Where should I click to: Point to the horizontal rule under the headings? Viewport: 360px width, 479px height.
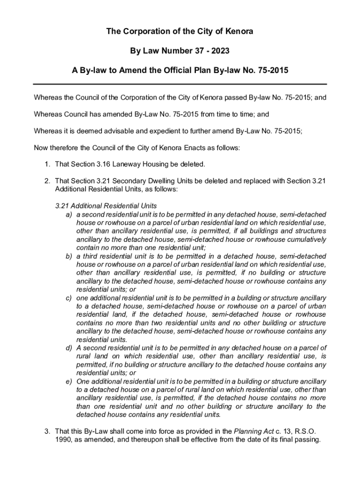click(x=180, y=84)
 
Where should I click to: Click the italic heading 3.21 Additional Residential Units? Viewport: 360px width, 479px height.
click(x=106, y=206)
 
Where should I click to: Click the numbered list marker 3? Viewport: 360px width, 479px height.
click(x=48, y=431)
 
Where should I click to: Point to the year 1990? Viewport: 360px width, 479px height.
click(x=63, y=440)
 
